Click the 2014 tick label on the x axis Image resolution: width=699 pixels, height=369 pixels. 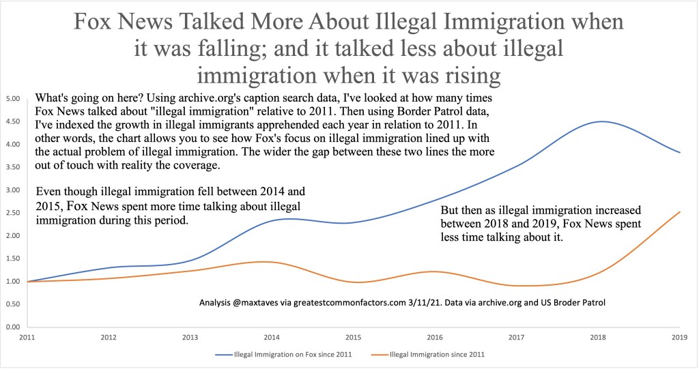272,336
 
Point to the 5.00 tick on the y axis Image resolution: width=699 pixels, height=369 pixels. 11,98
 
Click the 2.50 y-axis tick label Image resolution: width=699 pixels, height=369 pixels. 11,213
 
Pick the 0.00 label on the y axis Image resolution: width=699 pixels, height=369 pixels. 11,327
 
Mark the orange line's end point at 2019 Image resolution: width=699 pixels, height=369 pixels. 680,211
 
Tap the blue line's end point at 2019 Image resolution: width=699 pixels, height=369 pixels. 680,152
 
